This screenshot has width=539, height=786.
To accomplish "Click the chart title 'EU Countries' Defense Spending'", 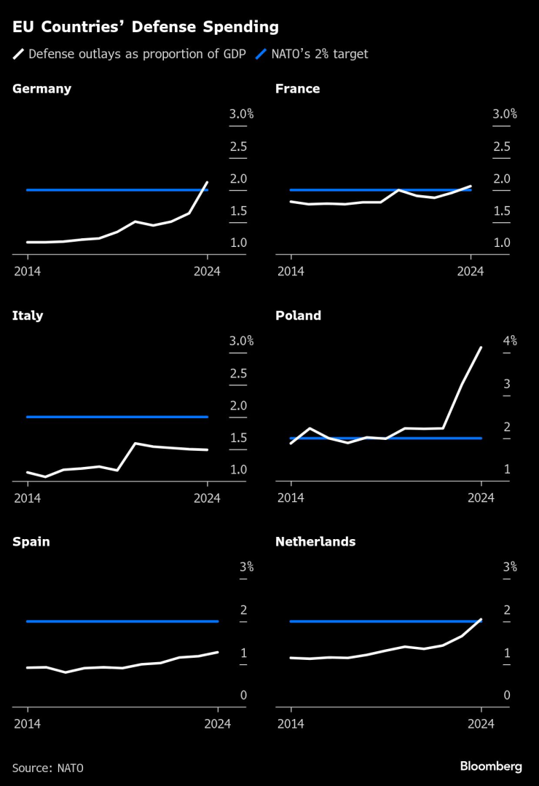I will pyautogui.click(x=145, y=28).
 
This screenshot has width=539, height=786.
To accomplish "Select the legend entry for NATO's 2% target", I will pyautogui.click(x=315, y=54).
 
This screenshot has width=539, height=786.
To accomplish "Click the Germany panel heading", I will pyautogui.click(x=42, y=89).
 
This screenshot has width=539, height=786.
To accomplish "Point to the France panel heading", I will pyautogui.click(x=297, y=89).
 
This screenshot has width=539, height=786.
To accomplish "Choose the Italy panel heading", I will pyautogui.click(x=28, y=315).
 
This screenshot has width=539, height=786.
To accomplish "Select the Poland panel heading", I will pyautogui.click(x=298, y=315).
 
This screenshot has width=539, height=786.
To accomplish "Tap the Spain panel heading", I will pyautogui.click(x=31, y=542).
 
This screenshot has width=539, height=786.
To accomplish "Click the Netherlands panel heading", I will pyautogui.click(x=315, y=542).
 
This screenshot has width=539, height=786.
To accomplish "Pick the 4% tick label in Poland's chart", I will pyautogui.click(x=509, y=340).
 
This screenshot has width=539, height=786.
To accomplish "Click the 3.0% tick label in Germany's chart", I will pyautogui.click(x=241, y=114).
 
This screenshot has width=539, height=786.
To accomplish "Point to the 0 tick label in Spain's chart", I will pyautogui.click(x=244, y=696).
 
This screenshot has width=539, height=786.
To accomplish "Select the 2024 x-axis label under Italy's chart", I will pyautogui.click(x=207, y=498).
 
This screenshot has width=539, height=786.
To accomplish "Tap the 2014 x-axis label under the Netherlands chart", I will pyautogui.click(x=291, y=724).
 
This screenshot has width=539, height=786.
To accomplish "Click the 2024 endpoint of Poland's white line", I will pyautogui.click(x=481, y=347).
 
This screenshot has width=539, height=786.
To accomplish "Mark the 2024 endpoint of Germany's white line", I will pyautogui.click(x=208, y=182).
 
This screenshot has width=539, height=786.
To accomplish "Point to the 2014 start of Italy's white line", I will pyautogui.click(x=28, y=472).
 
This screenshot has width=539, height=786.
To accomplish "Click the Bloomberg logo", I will pyautogui.click(x=491, y=766).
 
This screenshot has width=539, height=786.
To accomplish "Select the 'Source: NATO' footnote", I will pyautogui.click(x=48, y=768).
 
